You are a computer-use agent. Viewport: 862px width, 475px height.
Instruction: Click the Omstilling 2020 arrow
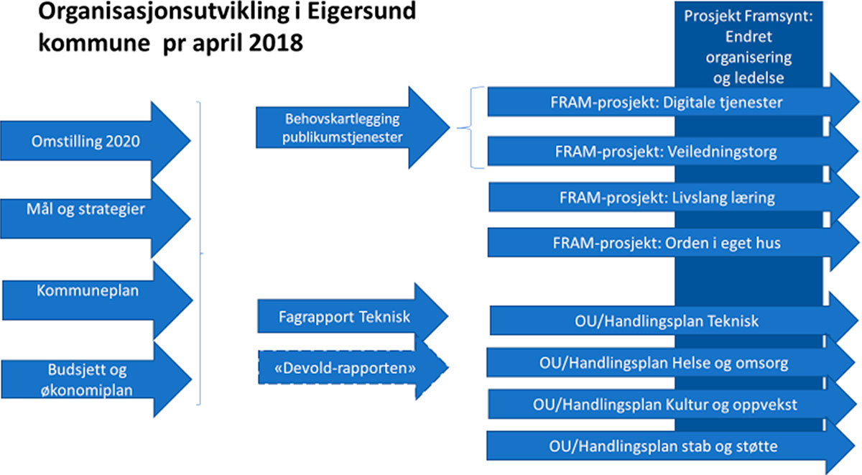pyautogui.click(x=86, y=141)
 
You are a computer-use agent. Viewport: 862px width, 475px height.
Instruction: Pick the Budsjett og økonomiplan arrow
pyautogui.click(x=88, y=378)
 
